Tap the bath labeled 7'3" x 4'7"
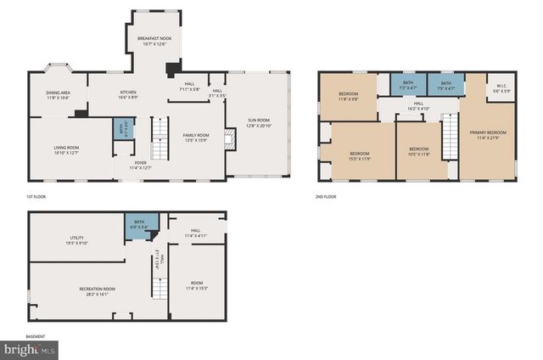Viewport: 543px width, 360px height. (408, 85)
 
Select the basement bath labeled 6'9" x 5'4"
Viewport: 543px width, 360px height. (138, 226)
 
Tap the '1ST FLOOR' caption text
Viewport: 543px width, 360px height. (36, 196)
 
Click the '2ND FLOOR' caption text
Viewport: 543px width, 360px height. (326, 196)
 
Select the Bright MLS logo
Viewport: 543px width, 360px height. (29, 348)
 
